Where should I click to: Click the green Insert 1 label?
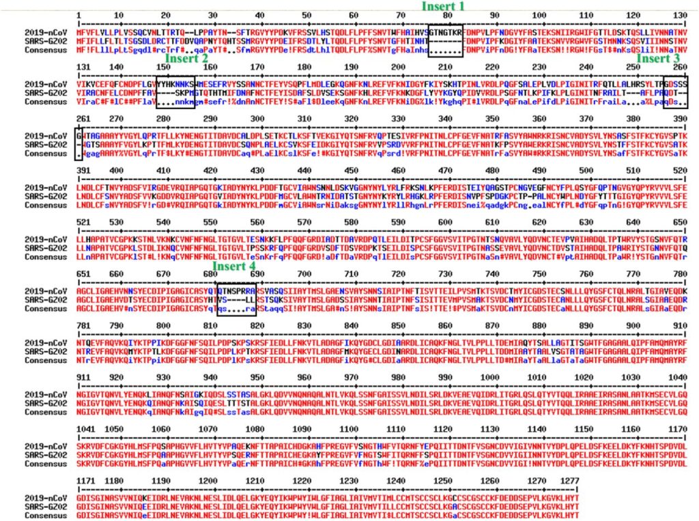442,6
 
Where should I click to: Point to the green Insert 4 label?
235,266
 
